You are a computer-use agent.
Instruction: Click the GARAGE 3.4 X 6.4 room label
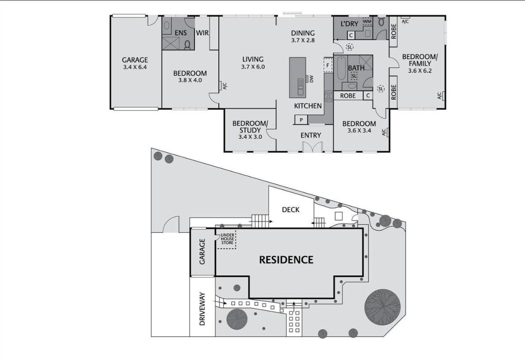(135, 63)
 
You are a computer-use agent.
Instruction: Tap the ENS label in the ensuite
(181, 33)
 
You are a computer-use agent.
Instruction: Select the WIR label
(202, 33)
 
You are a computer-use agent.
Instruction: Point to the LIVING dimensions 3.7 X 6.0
(253, 67)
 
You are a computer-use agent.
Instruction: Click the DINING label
(303, 33)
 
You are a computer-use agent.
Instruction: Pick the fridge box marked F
(328, 64)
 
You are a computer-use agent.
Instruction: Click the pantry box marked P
(301, 120)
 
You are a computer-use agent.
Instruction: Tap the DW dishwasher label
(312, 79)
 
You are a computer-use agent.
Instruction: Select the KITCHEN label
(308, 106)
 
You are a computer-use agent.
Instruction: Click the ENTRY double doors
(312, 147)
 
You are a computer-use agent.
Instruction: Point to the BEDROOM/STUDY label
(250, 126)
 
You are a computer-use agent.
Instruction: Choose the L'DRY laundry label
(349, 24)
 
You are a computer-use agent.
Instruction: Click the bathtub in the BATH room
(340, 69)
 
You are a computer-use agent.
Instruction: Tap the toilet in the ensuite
(187, 44)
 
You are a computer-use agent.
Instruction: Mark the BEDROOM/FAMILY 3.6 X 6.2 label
(419, 63)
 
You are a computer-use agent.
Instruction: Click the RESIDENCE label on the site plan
(286, 260)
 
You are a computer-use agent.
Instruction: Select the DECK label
(291, 210)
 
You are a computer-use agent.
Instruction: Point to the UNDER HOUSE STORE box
(227, 239)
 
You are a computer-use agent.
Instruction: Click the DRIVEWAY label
(202, 309)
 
